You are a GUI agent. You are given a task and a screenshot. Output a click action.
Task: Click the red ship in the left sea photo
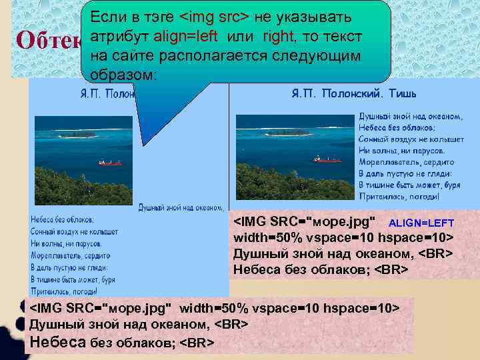pyautogui.click(x=110, y=162)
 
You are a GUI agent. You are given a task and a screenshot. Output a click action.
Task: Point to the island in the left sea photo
pyautogui.click(x=80, y=133)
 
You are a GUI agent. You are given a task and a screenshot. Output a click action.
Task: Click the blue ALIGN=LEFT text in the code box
pyautogui.click(x=421, y=223)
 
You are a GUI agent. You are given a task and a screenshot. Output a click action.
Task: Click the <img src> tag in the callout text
pyautogui.click(x=211, y=15)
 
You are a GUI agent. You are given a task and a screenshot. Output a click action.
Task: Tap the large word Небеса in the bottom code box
pyautogui.click(x=59, y=342)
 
